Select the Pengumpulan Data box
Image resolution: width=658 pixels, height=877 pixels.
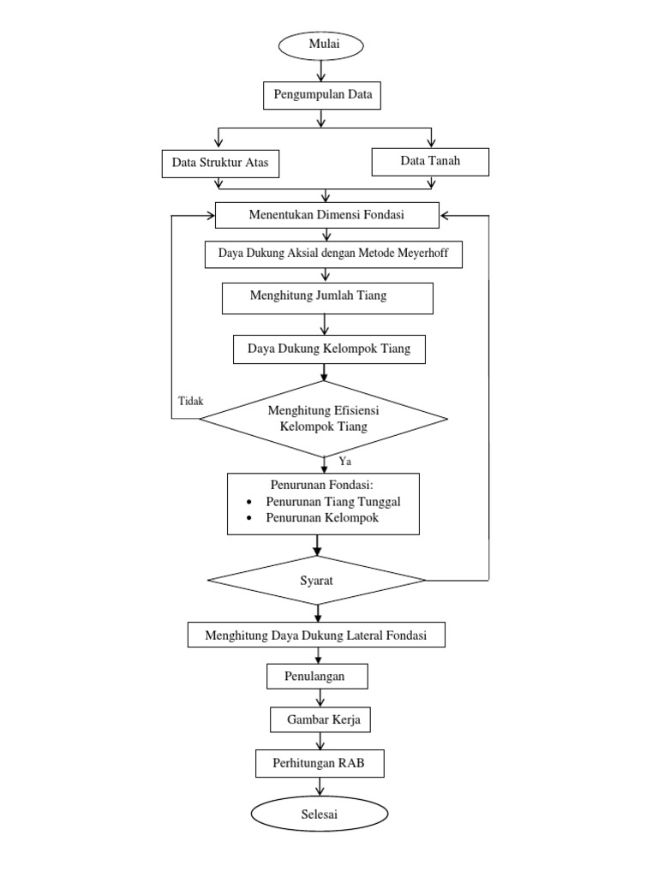click(322, 95)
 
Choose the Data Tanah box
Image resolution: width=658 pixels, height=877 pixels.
click(429, 161)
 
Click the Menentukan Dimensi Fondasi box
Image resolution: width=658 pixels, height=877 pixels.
click(326, 216)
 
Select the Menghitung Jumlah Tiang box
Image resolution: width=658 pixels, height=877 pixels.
click(326, 296)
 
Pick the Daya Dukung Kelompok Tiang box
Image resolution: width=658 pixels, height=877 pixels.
click(328, 349)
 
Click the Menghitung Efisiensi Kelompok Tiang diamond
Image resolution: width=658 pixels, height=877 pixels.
click(323, 419)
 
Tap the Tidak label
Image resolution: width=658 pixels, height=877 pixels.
click(190, 400)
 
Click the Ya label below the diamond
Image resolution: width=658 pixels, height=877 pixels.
click(345, 462)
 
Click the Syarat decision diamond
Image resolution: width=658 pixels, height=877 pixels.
click(316, 580)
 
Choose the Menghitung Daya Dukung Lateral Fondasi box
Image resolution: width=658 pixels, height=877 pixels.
click(316, 635)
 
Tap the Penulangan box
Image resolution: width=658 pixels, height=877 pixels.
click(317, 677)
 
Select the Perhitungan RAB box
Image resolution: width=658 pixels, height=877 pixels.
click(319, 762)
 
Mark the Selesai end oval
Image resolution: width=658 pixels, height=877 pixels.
click(319, 814)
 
